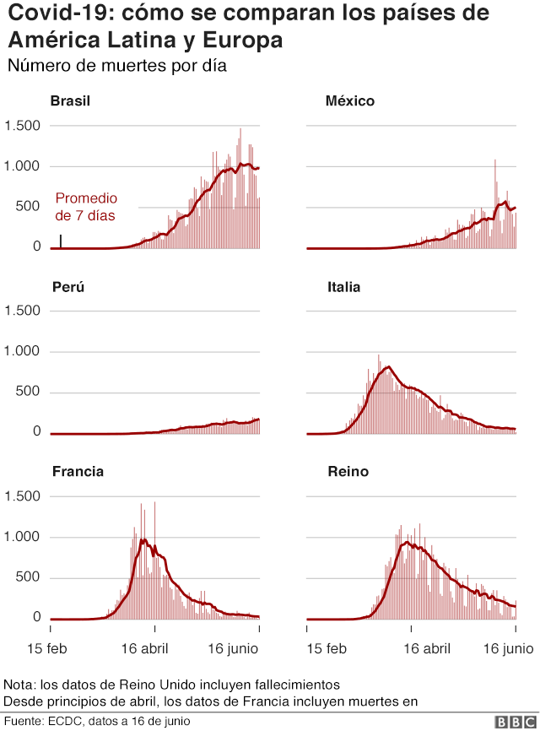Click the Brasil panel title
pyautogui.click(x=70, y=101)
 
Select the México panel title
pyautogui.click(x=349, y=101)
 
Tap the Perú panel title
pyautogui.click(x=67, y=287)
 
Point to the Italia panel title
pyautogui.click(x=343, y=287)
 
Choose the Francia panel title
pyautogui.click(x=78, y=472)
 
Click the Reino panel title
pyautogui.click(x=348, y=472)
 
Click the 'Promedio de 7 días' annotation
pyautogui.click(x=86, y=207)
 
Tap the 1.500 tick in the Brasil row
pyautogui.click(x=23, y=126)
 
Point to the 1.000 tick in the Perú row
pyautogui.click(x=23, y=351)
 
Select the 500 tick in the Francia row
pyautogui.click(x=29, y=577)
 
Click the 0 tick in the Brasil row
pyautogui.click(x=36, y=246)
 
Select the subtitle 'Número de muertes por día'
pyautogui.click(x=116, y=66)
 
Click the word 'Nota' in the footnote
pyautogui.click(x=19, y=684)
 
